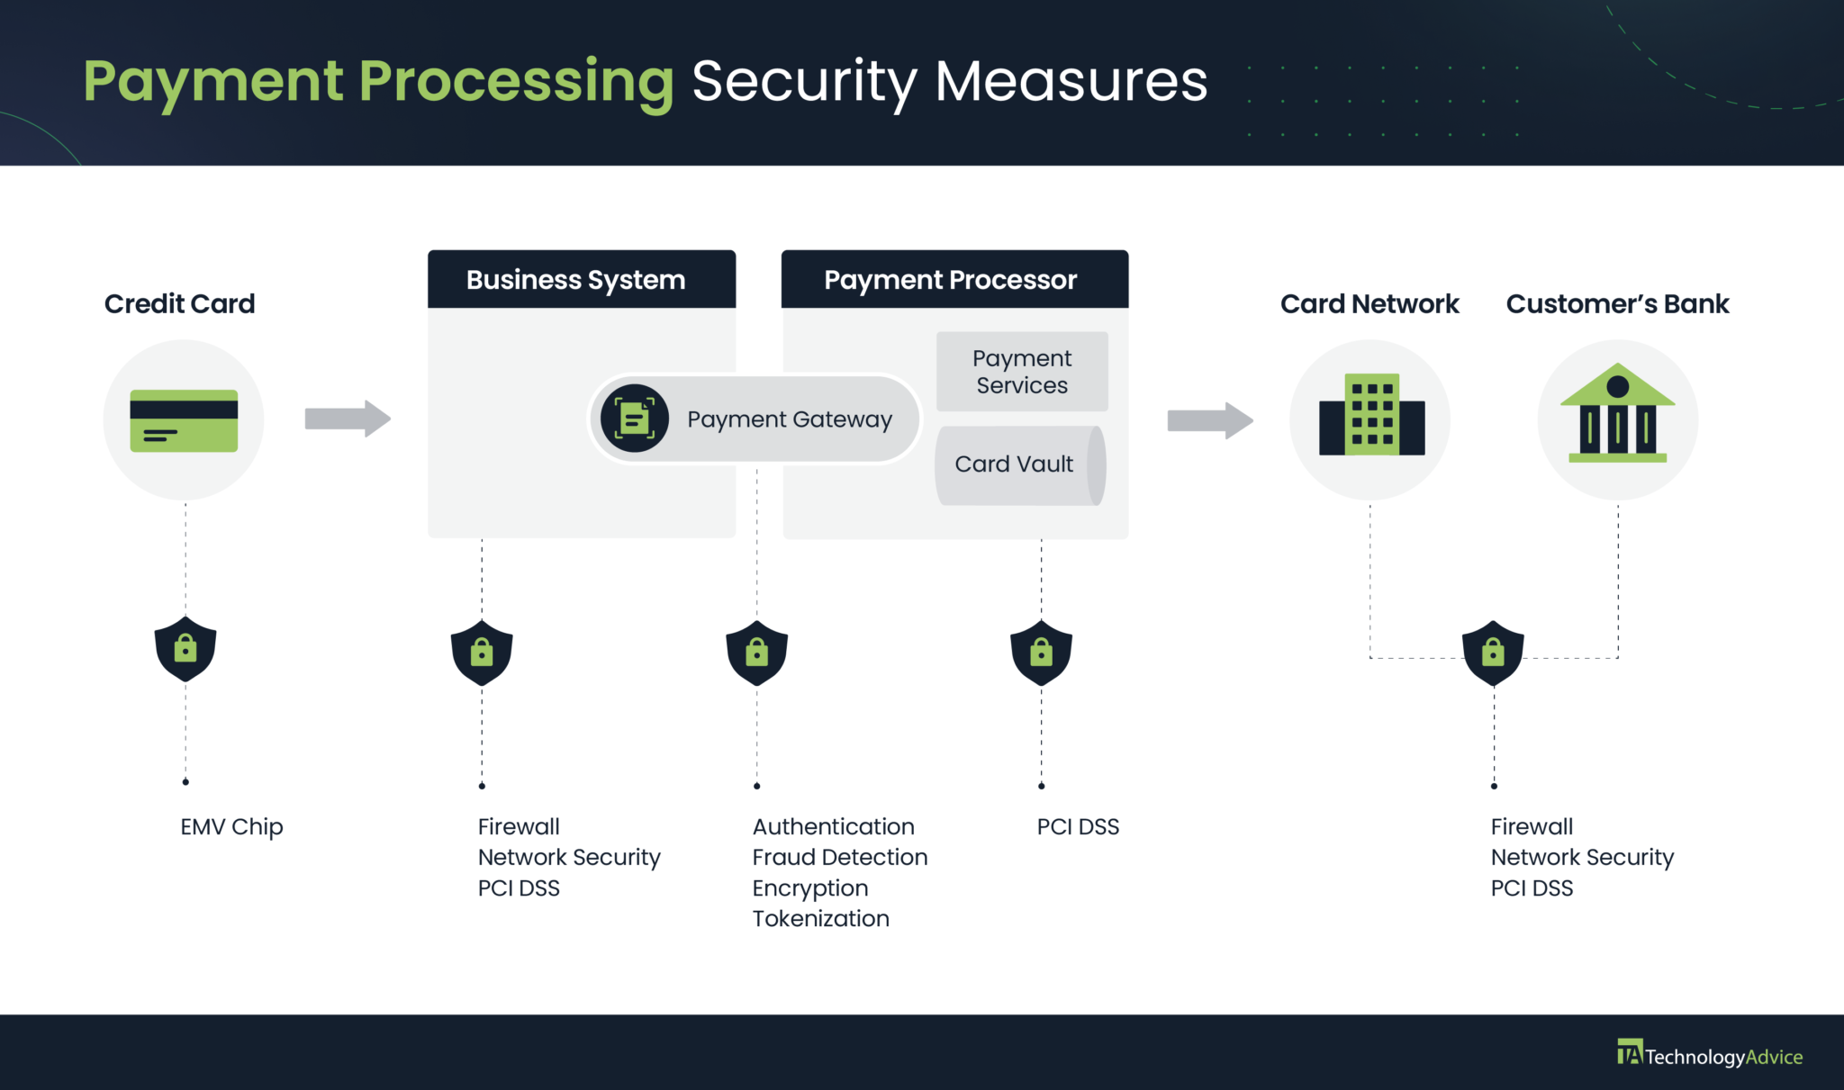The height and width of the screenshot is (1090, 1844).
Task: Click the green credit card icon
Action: tap(184, 420)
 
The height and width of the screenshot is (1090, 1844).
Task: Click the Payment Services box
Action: tap(1021, 372)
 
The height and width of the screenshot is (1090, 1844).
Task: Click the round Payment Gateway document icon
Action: tap(635, 419)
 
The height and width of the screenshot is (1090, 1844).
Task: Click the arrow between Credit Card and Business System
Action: tap(348, 419)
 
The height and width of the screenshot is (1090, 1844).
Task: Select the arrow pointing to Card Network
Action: tap(1209, 420)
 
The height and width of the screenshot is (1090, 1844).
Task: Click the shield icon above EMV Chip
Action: tap(185, 649)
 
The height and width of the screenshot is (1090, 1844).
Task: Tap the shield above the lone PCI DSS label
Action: tap(1041, 653)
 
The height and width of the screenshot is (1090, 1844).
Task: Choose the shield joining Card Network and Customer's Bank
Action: tap(1493, 653)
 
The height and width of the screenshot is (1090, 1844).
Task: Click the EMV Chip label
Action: tap(231, 826)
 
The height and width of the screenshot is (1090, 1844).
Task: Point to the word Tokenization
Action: tap(820, 918)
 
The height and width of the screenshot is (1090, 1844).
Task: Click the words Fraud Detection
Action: tap(839, 857)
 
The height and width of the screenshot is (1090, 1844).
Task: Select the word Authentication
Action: tap(833, 826)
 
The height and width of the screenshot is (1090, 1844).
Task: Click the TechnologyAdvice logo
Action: tap(1709, 1055)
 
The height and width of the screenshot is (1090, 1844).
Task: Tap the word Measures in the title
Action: tap(1071, 81)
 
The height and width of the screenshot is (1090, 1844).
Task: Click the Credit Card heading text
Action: tap(179, 304)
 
